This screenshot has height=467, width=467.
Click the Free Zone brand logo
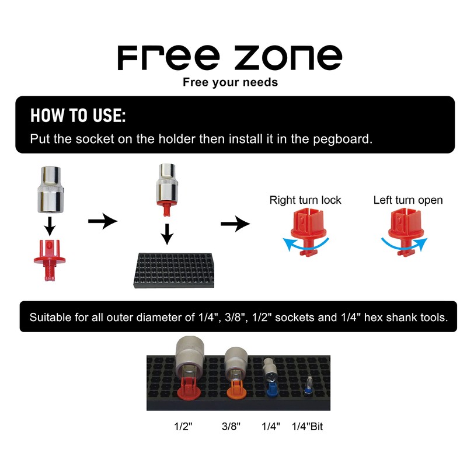pyautogui.click(x=229, y=57)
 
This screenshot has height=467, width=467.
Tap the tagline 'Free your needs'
pyautogui.click(x=230, y=82)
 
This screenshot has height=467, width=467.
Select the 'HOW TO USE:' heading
pyautogui.click(x=78, y=115)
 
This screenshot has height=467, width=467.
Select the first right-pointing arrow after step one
pyautogui.click(x=102, y=221)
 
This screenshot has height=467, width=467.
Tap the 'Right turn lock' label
pyautogui.click(x=305, y=200)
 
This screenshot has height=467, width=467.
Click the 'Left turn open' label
pyautogui.click(x=408, y=200)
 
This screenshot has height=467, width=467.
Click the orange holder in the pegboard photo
pyautogui.click(x=235, y=389)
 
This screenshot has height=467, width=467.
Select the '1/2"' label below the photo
pyautogui.click(x=183, y=427)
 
